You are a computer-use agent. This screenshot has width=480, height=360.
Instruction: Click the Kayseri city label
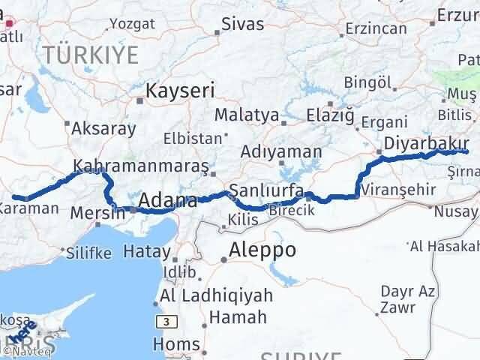180,91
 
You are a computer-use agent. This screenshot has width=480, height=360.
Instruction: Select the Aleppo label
262,250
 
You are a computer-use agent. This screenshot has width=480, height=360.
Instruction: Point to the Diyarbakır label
425,143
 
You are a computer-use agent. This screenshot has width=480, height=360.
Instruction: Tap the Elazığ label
329,115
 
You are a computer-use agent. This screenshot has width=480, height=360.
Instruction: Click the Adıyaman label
280,151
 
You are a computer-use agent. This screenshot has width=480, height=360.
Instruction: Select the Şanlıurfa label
266,190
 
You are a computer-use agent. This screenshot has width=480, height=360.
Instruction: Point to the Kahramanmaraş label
142,165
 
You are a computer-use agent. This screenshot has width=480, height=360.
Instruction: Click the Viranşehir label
398,190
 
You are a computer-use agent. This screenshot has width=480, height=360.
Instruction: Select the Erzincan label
376,29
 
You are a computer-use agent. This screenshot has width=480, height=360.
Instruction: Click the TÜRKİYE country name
90,54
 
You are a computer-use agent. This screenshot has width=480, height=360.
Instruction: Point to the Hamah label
237,317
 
